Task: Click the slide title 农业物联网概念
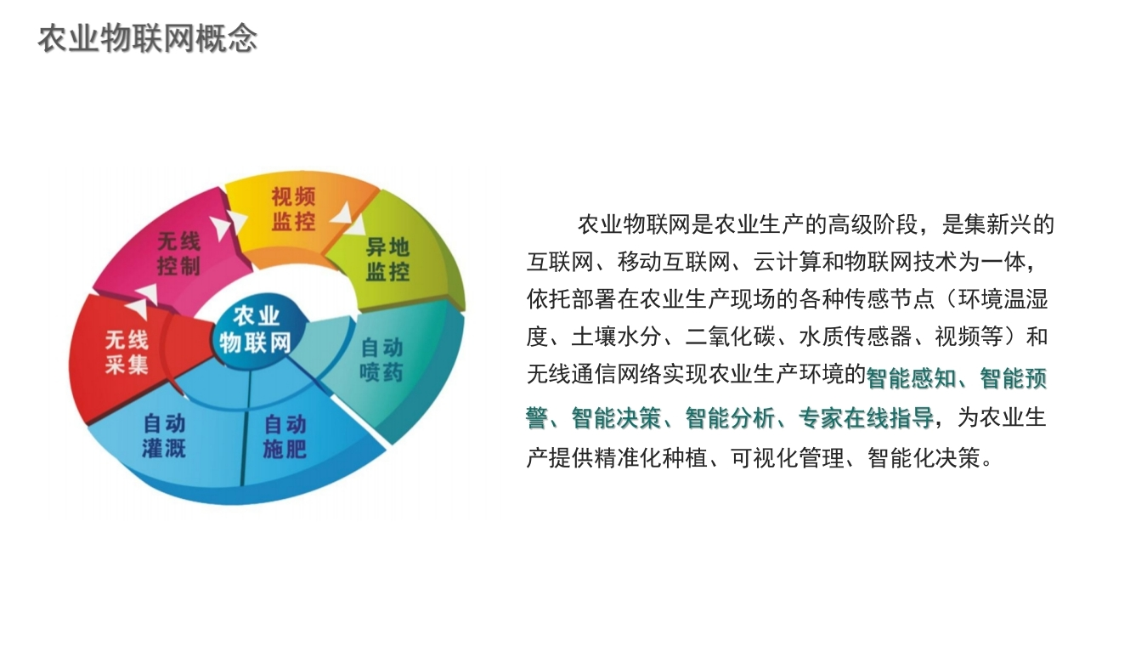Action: click(x=148, y=39)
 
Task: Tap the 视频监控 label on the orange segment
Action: click(x=293, y=209)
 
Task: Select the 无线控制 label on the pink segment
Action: click(x=178, y=253)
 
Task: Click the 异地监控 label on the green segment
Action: click(x=387, y=259)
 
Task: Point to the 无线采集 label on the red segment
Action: click(x=127, y=353)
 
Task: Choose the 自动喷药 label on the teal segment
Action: click(x=381, y=360)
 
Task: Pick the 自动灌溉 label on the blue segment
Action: click(x=164, y=436)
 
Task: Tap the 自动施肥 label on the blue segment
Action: click(x=285, y=437)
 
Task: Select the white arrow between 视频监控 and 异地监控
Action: click(x=349, y=218)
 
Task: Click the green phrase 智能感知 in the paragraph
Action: click(x=911, y=379)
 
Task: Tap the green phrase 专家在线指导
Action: click(x=866, y=418)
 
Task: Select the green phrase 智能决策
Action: click(x=617, y=418)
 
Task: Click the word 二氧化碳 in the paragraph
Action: click(x=730, y=337)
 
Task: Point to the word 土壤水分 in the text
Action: click(x=617, y=337)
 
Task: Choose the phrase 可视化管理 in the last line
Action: click(x=787, y=457)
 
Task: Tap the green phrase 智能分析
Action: click(x=730, y=418)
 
